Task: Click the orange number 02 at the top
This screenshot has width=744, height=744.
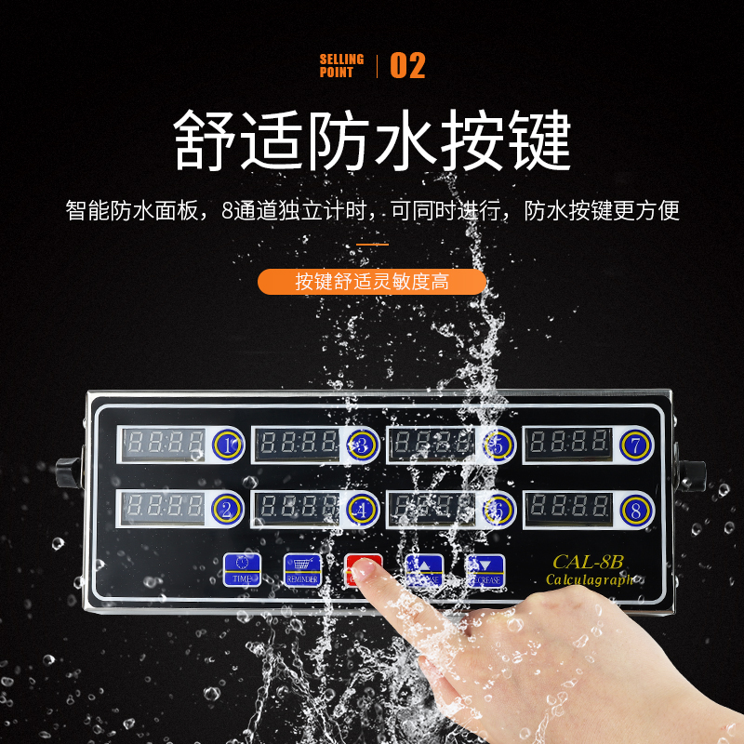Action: [x=406, y=66]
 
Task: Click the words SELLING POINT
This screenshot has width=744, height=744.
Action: [x=342, y=65]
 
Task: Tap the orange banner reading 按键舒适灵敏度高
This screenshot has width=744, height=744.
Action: [x=372, y=282]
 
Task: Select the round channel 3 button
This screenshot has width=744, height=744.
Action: [x=362, y=445]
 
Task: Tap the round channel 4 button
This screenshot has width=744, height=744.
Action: [x=362, y=509]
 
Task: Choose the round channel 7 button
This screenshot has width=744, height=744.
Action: [x=635, y=445]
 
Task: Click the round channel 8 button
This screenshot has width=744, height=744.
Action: [x=635, y=510]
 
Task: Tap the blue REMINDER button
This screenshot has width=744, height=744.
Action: [x=302, y=569]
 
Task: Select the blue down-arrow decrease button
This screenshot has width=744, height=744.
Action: [x=485, y=569]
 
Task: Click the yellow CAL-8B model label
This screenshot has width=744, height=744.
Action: [x=580, y=562]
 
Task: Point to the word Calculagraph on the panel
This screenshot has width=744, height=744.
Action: [x=590, y=580]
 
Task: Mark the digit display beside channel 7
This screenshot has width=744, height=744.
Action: [x=568, y=445]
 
